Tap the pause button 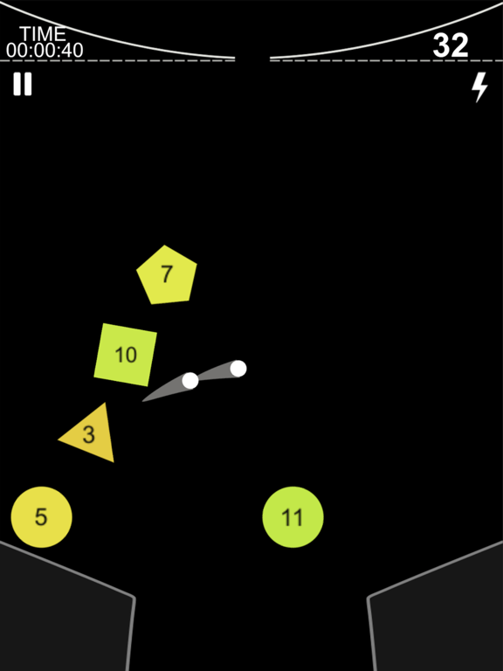click(x=22, y=84)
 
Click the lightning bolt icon click(x=479, y=86)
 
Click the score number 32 click(x=451, y=45)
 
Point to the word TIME click(x=43, y=34)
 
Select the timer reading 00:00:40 click(x=45, y=51)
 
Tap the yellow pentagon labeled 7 click(x=167, y=275)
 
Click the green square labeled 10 click(x=126, y=355)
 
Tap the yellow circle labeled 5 click(x=42, y=517)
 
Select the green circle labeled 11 click(x=293, y=517)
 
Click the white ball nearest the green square click(x=189, y=380)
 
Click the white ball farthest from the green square click(x=238, y=369)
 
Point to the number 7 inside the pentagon click(x=167, y=273)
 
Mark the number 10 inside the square click(x=126, y=355)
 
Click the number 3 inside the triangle click(x=88, y=435)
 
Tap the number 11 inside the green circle click(x=293, y=517)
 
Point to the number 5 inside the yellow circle click(x=41, y=517)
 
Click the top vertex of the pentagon click(x=165, y=246)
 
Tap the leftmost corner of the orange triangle click(x=59, y=439)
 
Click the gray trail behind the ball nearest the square click(x=165, y=390)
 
